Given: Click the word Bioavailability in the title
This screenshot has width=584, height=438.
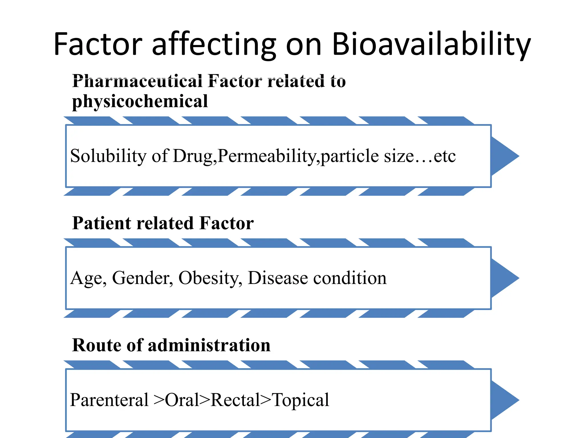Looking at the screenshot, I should (x=431, y=44).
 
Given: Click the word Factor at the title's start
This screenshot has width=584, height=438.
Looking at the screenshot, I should (x=98, y=44).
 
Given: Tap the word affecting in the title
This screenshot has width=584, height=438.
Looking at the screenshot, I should (x=214, y=44).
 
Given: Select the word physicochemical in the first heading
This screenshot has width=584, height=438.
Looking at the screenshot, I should (x=140, y=102).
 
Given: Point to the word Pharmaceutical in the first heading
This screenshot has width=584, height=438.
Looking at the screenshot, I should (x=137, y=81).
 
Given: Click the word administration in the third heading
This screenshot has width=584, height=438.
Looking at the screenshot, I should (x=209, y=345).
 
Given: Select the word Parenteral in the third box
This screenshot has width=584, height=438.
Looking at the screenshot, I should (x=109, y=400).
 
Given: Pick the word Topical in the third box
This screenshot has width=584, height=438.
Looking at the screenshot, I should (x=301, y=400).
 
